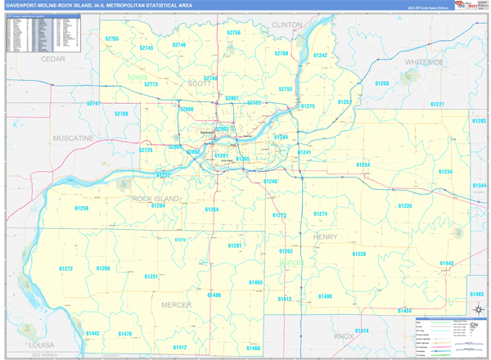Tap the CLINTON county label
(x=286, y=25)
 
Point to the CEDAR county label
(x=53, y=60)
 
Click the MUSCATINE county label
(x=73, y=138)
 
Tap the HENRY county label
(x=325, y=236)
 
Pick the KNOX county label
(x=344, y=336)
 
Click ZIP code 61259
(x=80, y=209)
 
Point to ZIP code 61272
(x=66, y=268)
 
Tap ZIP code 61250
(x=382, y=83)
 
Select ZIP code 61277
(x=437, y=105)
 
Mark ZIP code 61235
(x=405, y=206)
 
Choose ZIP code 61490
(x=325, y=296)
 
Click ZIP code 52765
(x=112, y=38)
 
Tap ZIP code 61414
(x=362, y=331)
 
